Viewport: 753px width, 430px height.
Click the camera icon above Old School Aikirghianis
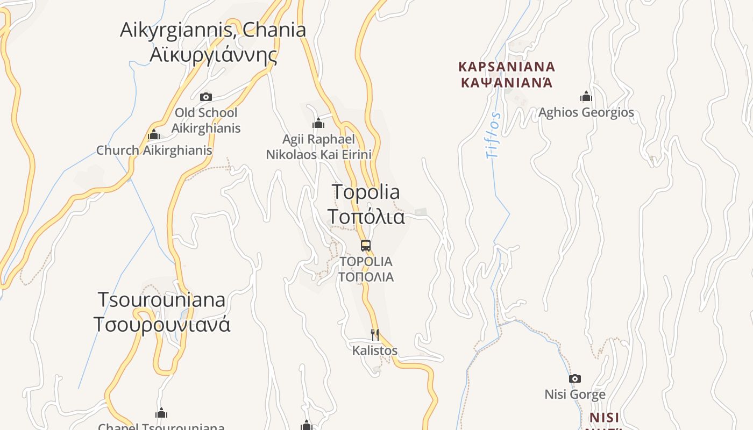205,97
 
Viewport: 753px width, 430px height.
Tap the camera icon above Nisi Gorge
575,378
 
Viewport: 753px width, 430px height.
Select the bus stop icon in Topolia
366,246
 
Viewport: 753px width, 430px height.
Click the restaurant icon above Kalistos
375,335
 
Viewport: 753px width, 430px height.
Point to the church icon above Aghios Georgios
586,97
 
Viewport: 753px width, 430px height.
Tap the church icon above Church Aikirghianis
154,134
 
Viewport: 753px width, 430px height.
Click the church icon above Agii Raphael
318,124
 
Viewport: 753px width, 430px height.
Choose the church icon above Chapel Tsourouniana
161,413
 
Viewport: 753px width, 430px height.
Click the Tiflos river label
493,135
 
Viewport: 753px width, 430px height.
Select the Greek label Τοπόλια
366,217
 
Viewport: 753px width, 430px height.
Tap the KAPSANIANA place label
507,67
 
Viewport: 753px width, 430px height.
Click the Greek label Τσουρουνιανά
162,325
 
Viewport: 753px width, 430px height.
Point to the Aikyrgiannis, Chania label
213,30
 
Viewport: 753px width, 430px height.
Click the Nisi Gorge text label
575,395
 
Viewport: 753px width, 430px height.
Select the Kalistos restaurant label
375,351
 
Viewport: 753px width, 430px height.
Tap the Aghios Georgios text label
586,113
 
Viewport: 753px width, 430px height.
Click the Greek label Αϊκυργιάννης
213,55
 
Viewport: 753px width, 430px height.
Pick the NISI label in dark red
604,418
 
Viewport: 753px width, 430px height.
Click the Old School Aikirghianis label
206,120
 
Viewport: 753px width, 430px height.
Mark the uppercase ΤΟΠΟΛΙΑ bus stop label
366,277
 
